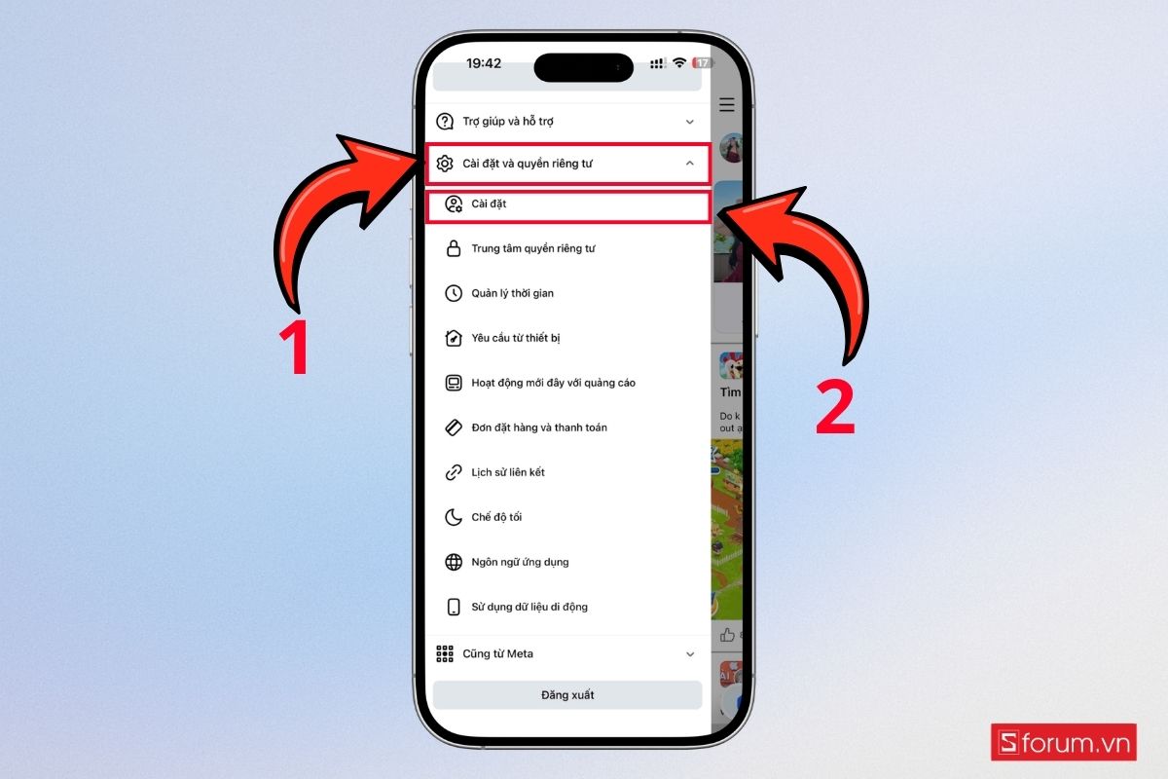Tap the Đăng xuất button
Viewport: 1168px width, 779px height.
567,694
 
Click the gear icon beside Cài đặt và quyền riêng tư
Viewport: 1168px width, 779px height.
445,164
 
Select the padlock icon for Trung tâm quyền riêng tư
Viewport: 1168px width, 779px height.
454,248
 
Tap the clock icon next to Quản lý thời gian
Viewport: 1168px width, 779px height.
454,293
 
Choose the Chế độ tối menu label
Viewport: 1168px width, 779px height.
496,517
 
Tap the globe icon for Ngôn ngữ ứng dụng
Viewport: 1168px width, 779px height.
454,562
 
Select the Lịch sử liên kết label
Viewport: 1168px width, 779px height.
508,472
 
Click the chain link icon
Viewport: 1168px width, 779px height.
454,472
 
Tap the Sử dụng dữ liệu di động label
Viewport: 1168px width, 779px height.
529,607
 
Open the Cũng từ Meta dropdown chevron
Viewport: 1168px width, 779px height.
690,654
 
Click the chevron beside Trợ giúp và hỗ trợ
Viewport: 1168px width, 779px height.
690,122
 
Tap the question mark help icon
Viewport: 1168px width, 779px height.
445,121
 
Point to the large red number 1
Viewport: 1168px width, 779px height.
295,347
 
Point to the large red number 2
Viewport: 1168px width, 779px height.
835,407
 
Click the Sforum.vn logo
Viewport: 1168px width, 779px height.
1064,742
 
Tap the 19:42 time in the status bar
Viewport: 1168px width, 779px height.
484,63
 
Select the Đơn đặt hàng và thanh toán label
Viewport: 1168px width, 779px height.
539,427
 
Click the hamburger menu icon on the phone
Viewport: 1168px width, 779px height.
727,104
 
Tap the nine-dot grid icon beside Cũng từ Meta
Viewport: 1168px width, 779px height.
445,653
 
